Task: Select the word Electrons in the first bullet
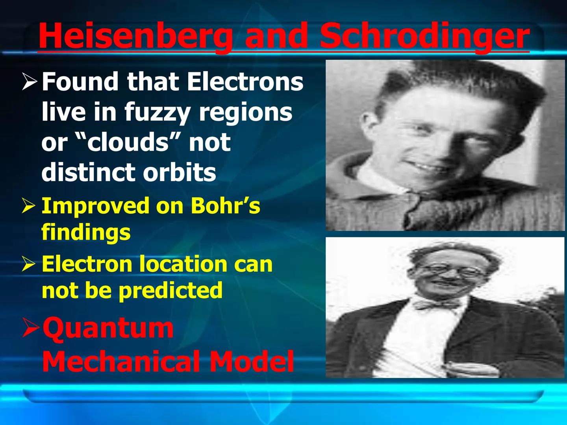[x=245, y=81]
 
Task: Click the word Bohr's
[x=225, y=205]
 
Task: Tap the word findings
[x=86, y=232]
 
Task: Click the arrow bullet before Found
[x=30, y=82]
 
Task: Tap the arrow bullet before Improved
[x=29, y=206]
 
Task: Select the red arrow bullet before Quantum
[x=30, y=328]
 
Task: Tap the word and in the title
[x=276, y=36]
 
